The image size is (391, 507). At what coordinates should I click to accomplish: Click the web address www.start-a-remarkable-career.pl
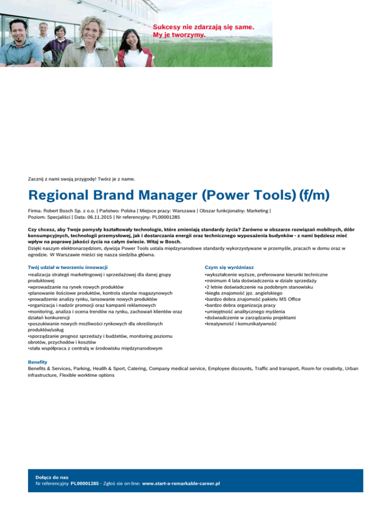click(181, 483)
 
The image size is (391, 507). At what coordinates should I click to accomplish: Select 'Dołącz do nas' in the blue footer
click(49, 476)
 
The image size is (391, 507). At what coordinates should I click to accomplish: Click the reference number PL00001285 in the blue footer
click(84, 483)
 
